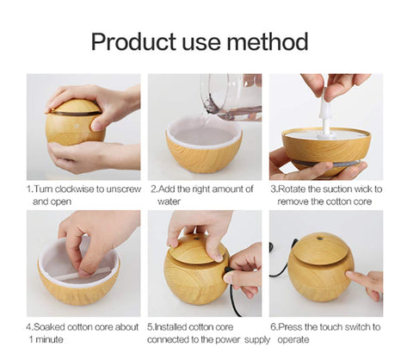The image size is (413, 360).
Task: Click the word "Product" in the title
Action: click(x=133, y=42)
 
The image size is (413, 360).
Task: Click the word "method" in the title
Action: click(x=268, y=41)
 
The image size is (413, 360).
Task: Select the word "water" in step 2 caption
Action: click(x=169, y=202)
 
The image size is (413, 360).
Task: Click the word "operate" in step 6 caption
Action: click(x=293, y=340)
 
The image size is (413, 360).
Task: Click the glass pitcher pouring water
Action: click(x=231, y=96)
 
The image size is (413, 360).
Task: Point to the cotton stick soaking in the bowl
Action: click(x=85, y=274)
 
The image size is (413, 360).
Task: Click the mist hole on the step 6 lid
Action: click(x=319, y=239)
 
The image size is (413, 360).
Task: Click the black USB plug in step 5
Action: click(x=230, y=271)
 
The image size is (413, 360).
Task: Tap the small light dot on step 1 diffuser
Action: click(x=77, y=126)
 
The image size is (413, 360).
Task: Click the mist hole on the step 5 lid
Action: click(x=196, y=239)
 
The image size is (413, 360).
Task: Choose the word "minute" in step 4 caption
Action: click(x=50, y=340)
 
